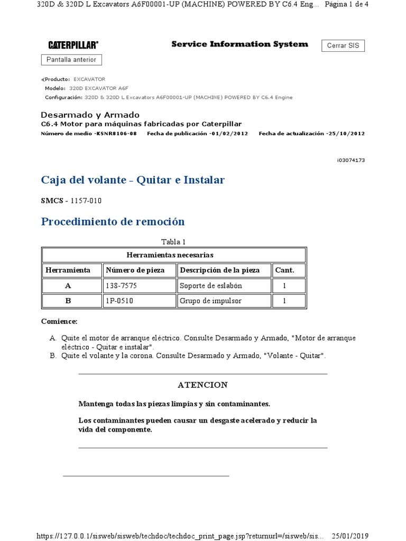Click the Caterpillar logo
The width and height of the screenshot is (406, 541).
click(x=73, y=45)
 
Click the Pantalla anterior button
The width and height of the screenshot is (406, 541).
click(x=71, y=60)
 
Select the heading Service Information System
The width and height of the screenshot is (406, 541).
click(x=239, y=44)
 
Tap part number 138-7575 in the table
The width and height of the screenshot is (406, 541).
click(x=121, y=286)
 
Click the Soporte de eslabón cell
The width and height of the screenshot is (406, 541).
click(x=211, y=286)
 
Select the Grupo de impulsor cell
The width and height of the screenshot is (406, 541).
click(x=210, y=301)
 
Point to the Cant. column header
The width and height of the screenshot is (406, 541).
click(x=284, y=270)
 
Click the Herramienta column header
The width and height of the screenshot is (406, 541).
click(x=68, y=270)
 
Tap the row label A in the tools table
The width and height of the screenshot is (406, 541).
click(x=68, y=286)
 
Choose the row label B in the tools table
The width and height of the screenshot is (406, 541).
click(x=68, y=301)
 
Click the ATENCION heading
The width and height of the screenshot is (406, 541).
click(x=202, y=385)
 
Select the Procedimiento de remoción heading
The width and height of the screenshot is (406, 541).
click(x=113, y=221)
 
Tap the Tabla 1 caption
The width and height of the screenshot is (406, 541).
click(x=173, y=242)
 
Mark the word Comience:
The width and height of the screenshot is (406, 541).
click(x=59, y=321)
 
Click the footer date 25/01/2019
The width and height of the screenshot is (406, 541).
click(x=349, y=536)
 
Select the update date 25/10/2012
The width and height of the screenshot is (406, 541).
click(x=346, y=134)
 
